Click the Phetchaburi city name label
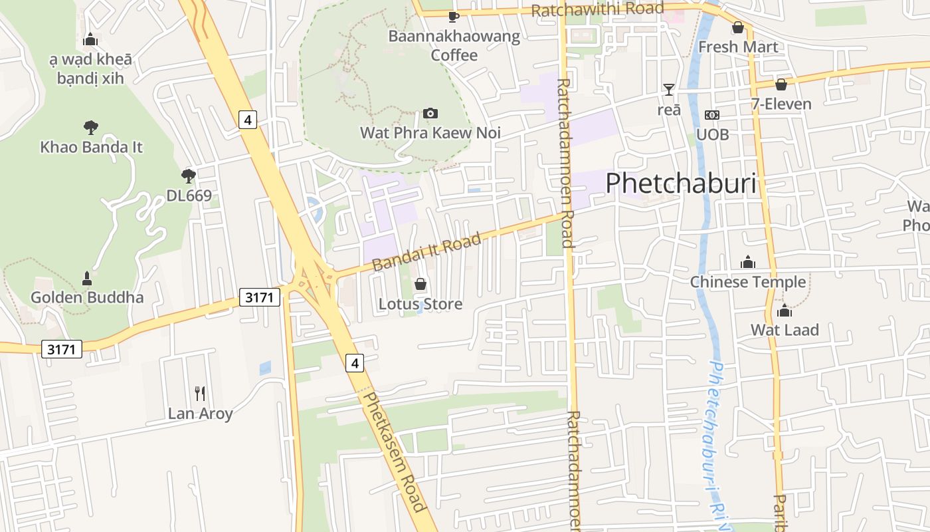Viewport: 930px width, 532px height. tap(681, 183)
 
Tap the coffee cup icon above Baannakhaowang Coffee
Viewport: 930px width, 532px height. tap(454, 17)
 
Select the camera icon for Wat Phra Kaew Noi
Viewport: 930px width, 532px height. tap(430, 114)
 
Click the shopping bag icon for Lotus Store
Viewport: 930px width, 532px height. tap(420, 285)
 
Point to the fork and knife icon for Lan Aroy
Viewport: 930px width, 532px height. tap(200, 394)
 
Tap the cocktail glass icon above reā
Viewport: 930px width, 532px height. tap(668, 90)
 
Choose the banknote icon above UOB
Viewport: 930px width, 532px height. tap(712, 115)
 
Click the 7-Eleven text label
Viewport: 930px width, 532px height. tap(781, 104)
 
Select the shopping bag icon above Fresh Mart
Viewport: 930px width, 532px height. tap(737, 28)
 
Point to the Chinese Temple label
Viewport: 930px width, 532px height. tap(747, 282)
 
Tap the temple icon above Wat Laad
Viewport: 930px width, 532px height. tap(785, 311)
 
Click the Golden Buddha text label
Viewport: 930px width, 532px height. tap(87, 297)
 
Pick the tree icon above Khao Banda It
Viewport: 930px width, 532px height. tap(91, 128)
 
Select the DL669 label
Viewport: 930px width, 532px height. tap(189, 196)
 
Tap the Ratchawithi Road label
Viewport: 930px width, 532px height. tap(597, 9)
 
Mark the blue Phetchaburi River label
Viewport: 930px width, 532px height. tap(717, 446)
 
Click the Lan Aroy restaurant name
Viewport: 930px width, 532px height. tap(200, 414)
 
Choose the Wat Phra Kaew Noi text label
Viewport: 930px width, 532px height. tap(430, 132)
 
